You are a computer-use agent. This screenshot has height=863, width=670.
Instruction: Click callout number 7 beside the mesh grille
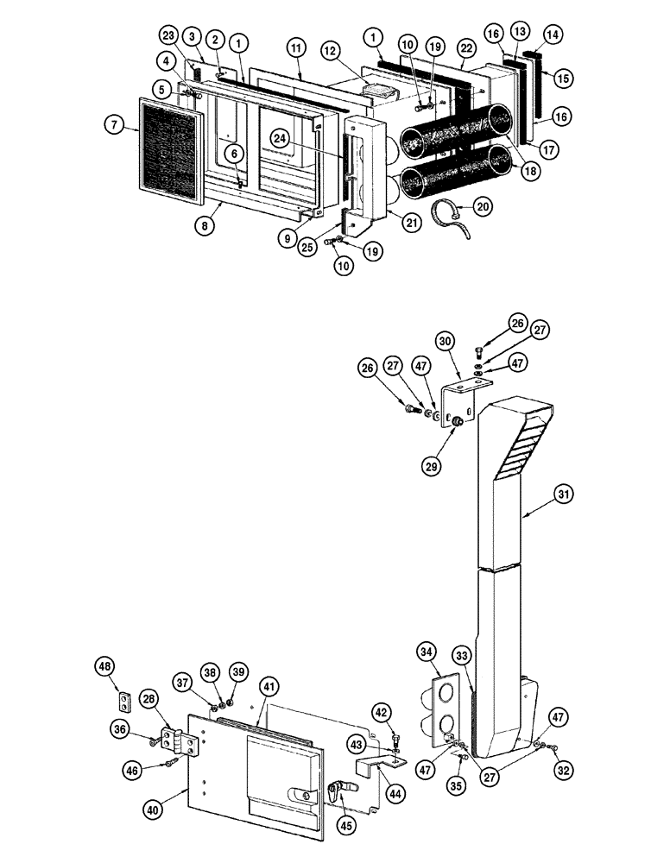pos(114,125)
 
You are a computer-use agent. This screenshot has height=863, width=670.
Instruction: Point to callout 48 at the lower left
pos(105,667)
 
